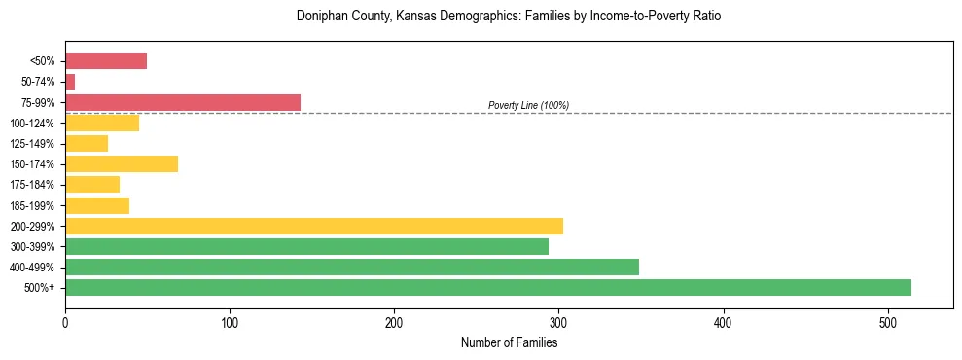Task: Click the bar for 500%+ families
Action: pos(487,287)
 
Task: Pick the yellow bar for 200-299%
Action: pos(313,226)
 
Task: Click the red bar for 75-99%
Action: pos(182,102)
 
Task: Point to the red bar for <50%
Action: pos(105,61)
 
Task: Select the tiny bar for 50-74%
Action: pos(70,82)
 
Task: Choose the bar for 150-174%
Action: pos(121,163)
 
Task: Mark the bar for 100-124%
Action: pos(101,123)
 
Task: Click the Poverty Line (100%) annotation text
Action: pos(528,105)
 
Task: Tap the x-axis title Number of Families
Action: pos(509,342)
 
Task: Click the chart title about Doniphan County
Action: pos(509,17)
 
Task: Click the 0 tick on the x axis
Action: pos(65,321)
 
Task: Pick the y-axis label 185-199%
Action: pos(33,205)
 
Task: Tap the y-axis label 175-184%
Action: pos(33,185)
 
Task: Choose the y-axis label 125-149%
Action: pos(33,144)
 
